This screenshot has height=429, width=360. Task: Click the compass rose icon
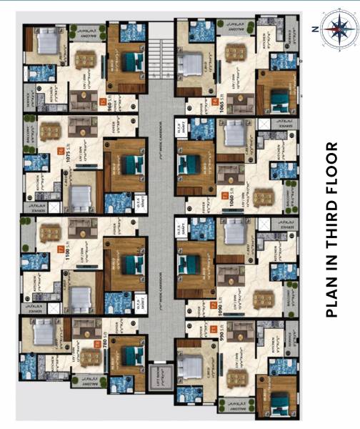[335, 29]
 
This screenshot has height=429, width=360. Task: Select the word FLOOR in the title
[331, 174]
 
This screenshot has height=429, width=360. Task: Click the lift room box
[159, 376]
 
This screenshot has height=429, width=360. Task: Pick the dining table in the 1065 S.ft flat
[234, 54]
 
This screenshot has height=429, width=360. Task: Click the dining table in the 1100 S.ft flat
[52, 232]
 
